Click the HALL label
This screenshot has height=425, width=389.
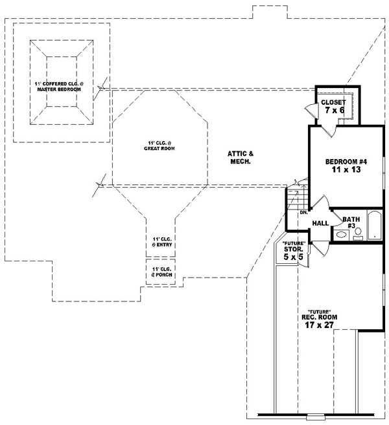[x=320, y=223]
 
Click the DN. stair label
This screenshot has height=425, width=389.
[x=303, y=212]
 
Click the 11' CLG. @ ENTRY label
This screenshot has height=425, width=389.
[x=159, y=242]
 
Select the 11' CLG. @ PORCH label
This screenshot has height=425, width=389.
[x=159, y=272]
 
